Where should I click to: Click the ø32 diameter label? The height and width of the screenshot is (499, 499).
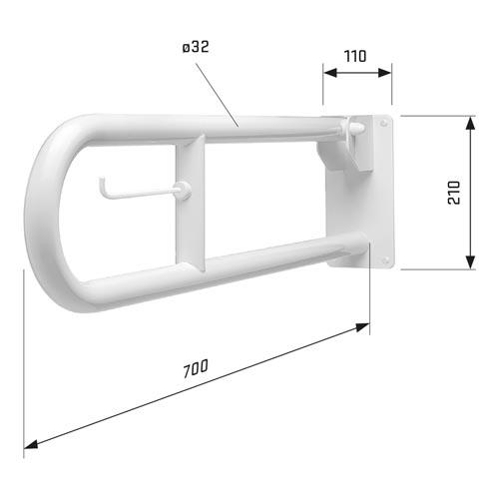[196, 47]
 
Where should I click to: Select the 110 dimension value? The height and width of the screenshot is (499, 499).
[355, 56]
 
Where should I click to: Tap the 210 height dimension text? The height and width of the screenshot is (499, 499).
[454, 193]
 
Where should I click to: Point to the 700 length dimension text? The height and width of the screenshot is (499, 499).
[196, 368]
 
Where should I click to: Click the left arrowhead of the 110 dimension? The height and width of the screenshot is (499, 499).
[330, 73]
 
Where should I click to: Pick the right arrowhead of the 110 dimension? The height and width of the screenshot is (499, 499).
[384, 73]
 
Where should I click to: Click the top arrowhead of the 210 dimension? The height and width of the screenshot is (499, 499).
[470, 123]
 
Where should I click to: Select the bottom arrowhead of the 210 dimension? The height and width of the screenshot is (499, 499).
[470, 262]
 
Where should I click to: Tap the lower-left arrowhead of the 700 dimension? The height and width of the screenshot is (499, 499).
[31, 444]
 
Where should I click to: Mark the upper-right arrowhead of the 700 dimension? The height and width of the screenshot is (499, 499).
[362, 326]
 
